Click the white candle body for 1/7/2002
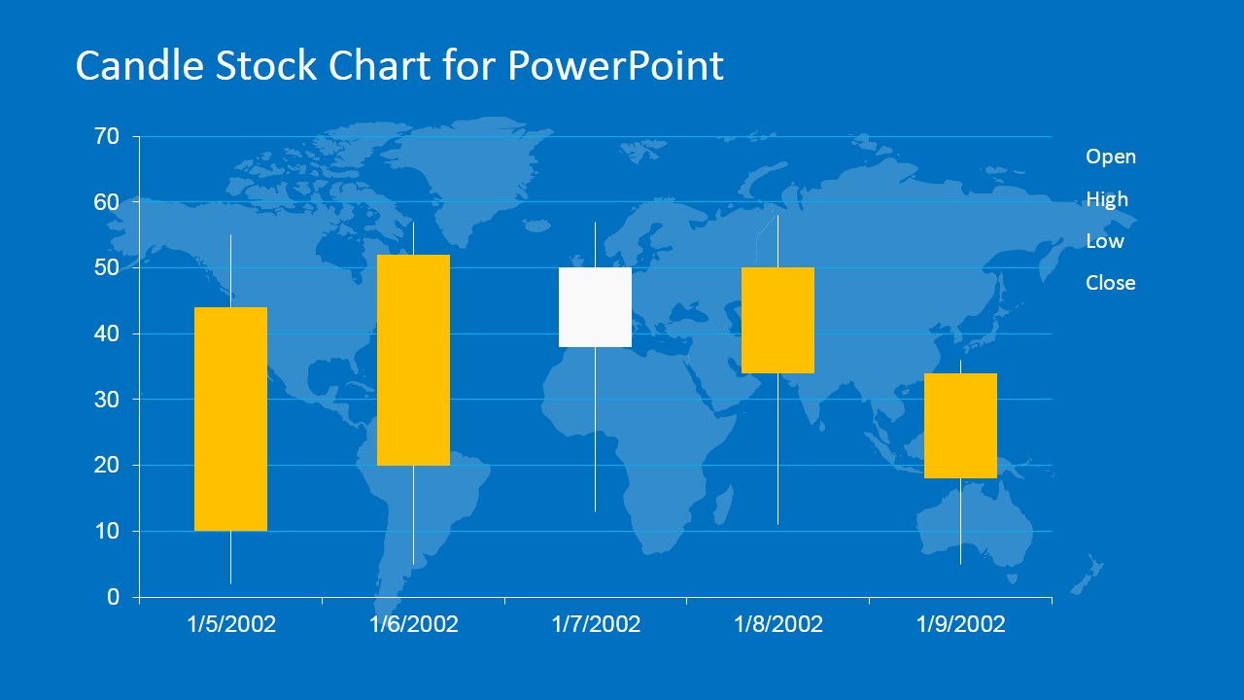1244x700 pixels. [x=595, y=307]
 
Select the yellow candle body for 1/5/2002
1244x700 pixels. [x=230, y=419]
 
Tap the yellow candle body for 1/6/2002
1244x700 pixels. [x=413, y=360]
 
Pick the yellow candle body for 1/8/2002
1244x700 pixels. [x=777, y=321]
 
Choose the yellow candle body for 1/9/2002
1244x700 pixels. [x=960, y=426]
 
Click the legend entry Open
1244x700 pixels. [x=1111, y=157]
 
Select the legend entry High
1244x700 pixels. [x=1107, y=199]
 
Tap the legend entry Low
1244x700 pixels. [x=1105, y=241]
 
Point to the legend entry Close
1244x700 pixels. [x=1110, y=283]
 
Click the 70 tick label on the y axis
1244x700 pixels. [x=106, y=136]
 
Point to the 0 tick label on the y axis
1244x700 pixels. [x=114, y=597]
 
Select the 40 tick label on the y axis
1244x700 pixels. [x=106, y=333]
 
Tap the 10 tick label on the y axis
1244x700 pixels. [x=107, y=531]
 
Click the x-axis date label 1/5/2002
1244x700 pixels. [x=231, y=624]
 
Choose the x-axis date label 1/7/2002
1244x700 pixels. [x=596, y=624]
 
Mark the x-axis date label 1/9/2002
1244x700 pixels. [x=960, y=624]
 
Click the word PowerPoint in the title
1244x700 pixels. [x=615, y=65]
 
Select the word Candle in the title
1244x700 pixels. [x=139, y=65]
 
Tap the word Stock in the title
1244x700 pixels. [x=266, y=65]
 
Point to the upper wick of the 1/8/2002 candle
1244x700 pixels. [x=777, y=241]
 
